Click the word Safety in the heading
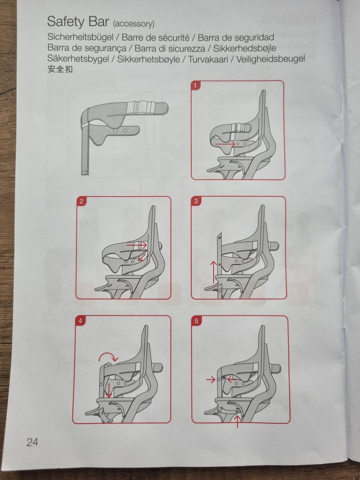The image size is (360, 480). pos(66,22)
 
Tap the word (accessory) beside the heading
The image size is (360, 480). pos(133,24)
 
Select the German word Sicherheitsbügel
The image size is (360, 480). pos(80,37)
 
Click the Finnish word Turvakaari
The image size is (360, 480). pos(208,59)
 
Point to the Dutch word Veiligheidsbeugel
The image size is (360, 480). pos(270,59)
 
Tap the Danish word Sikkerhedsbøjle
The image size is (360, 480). pos(244,48)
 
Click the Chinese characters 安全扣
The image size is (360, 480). pos(60,69)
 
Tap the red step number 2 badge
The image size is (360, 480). pos(81,201)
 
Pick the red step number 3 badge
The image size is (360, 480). pos(196,201)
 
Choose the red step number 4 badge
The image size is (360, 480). pos(80,321)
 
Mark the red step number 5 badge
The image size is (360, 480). pos(196,321)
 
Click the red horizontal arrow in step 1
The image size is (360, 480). pos(225,144)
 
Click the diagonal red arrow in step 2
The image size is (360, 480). pos(142,257)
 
